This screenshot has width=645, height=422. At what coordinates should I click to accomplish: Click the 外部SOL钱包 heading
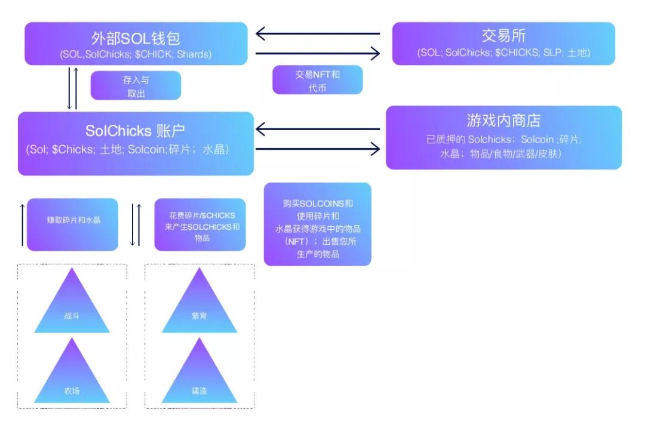tap(136, 38)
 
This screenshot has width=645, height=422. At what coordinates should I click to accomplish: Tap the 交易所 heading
tap(503, 36)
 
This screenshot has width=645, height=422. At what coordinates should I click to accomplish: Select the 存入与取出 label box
tap(136, 85)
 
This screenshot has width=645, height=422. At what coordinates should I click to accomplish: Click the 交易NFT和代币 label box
tap(317, 80)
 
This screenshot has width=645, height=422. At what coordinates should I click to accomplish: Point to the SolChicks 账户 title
tap(136, 131)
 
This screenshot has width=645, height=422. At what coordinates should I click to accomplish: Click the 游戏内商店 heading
tap(503, 121)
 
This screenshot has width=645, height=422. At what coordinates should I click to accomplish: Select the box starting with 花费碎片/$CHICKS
tap(199, 224)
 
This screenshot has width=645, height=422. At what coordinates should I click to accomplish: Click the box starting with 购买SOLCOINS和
tap(317, 224)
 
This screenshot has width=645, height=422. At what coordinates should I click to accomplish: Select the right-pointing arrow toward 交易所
tap(317, 54)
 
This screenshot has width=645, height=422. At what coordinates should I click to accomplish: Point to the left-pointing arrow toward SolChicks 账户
tap(317, 128)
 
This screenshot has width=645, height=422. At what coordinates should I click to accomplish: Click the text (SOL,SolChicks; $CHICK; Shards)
tap(136, 54)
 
